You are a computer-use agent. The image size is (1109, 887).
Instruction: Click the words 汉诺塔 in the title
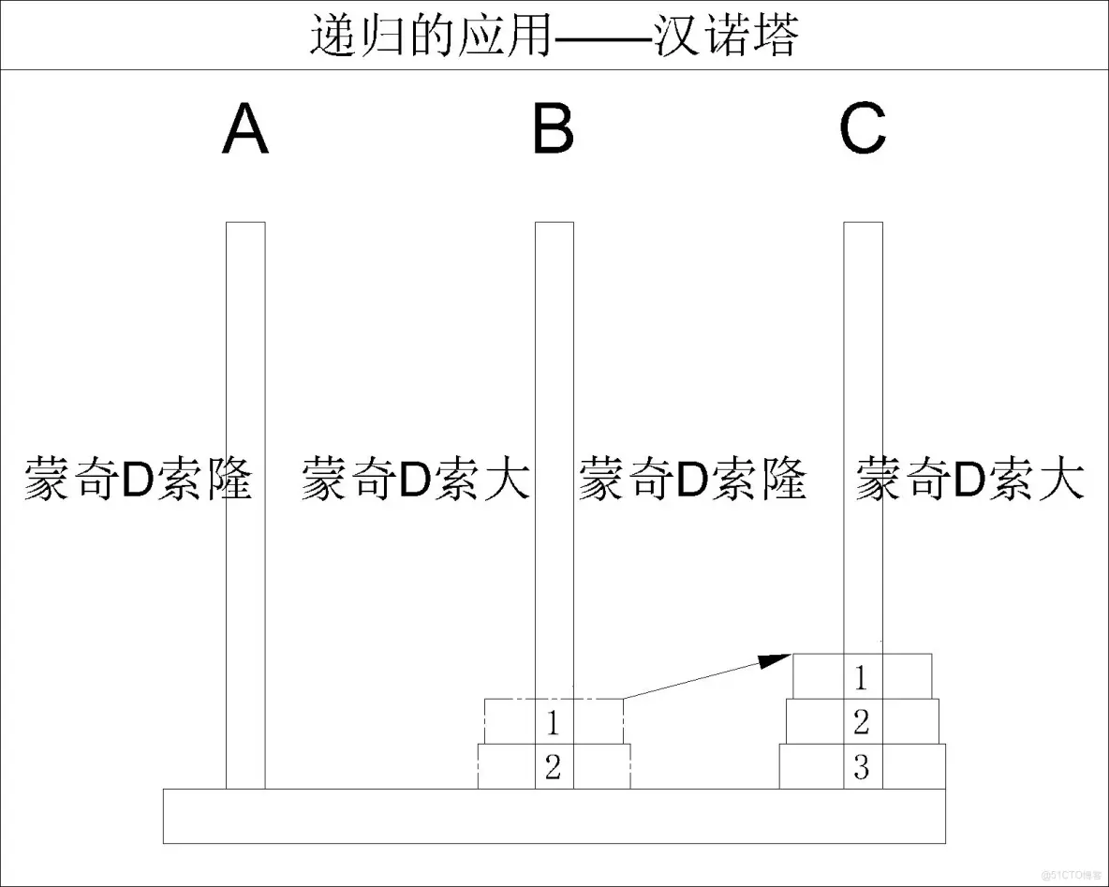726,36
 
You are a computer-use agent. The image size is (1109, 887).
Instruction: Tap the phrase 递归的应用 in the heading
429,36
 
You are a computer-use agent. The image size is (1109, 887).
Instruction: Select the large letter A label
245,130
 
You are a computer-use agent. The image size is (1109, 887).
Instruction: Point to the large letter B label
554,130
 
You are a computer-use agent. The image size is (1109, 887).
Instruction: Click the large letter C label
863,130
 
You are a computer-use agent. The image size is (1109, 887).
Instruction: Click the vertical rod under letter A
245,356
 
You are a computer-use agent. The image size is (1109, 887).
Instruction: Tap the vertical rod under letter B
554,356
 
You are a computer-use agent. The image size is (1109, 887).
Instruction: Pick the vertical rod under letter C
863,356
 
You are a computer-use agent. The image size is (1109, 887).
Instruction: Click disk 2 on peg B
506,767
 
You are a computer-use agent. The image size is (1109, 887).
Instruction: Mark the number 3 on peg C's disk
862,768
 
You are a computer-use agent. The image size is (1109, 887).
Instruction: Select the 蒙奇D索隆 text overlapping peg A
138,480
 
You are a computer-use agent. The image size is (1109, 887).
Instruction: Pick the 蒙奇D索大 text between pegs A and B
415,480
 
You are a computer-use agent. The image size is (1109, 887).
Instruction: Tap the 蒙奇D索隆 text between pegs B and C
692,480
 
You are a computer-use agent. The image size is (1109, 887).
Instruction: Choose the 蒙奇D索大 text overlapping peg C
970,480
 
